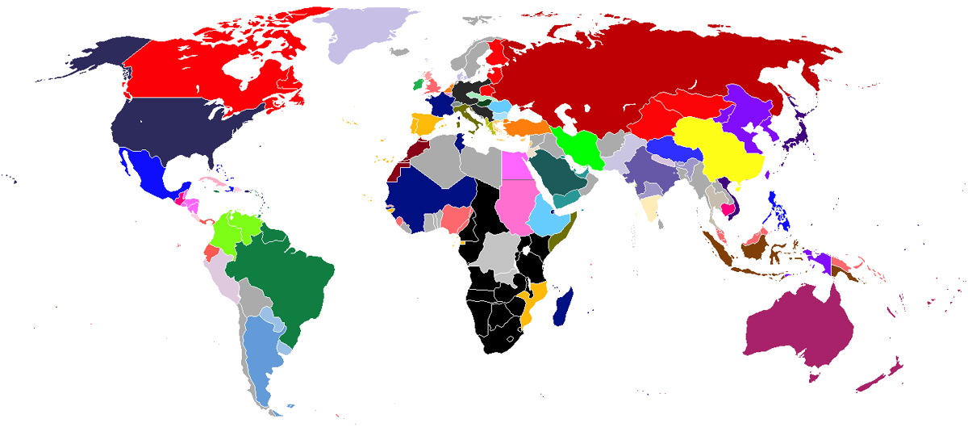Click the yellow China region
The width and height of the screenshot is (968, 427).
coord(718,149)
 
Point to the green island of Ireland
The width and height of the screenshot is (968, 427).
coord(417,83)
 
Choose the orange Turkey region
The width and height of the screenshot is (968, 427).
coord(524,128)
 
